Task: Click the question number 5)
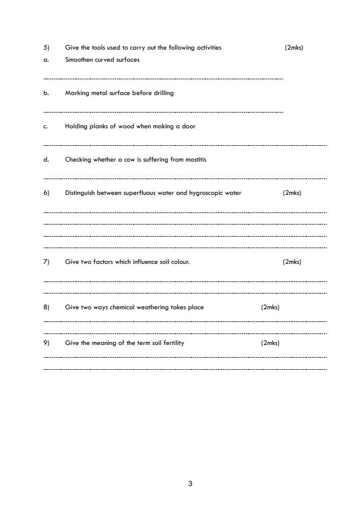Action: (x=46, y=47)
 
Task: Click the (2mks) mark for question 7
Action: (x=292, y=262)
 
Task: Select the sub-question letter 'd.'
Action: (x=46, y=160)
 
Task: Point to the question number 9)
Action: (x=46, y=343)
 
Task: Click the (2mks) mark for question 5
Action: (x=293, y=47)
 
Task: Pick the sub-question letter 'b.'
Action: (x=46, y=93)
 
